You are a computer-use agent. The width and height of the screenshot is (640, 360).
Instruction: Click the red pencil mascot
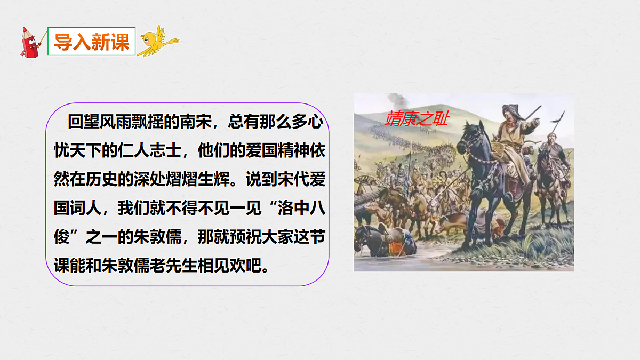pos(30,42)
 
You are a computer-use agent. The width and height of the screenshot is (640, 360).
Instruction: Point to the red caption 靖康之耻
pos(417,118)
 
